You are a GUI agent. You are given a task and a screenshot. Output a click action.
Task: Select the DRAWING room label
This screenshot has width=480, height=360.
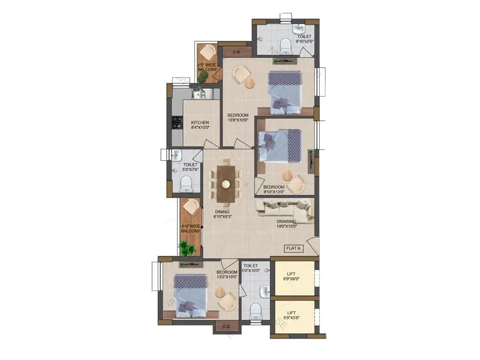[287, 224]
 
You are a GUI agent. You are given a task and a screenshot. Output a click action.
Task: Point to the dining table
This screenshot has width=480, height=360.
[226, 182]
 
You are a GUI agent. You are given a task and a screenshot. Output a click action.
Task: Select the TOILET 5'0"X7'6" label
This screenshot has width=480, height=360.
[190, 167]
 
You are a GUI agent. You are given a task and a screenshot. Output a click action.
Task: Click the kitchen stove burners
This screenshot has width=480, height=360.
[177, 122]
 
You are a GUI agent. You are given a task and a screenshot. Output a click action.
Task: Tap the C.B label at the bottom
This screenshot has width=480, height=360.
[227, 326]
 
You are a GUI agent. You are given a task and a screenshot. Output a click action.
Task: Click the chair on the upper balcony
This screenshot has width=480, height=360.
[208, 52]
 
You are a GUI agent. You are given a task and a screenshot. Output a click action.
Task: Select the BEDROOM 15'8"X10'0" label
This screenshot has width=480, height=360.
[238, 117]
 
